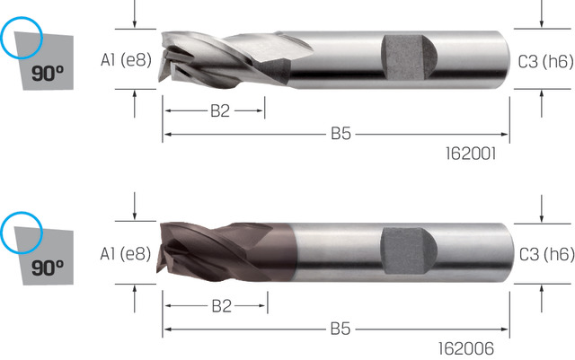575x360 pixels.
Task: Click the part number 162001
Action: [x=471, y=154]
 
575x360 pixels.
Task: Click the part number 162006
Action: [x=466, y=348]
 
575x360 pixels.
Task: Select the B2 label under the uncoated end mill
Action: [x=220, y=110]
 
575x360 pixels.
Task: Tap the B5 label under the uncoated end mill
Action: [x=341, y=134]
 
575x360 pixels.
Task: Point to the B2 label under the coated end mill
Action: [x=222, y=306]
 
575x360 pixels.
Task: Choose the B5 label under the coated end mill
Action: [x=341, y=329]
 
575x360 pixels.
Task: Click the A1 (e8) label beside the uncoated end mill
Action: [x=126, y=60]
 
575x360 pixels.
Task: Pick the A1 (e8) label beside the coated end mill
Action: [x=126, y=254]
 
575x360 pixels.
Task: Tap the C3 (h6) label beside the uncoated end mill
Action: [x=545, y=61]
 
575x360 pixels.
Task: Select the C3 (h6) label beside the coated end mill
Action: [x=546, y=254]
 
